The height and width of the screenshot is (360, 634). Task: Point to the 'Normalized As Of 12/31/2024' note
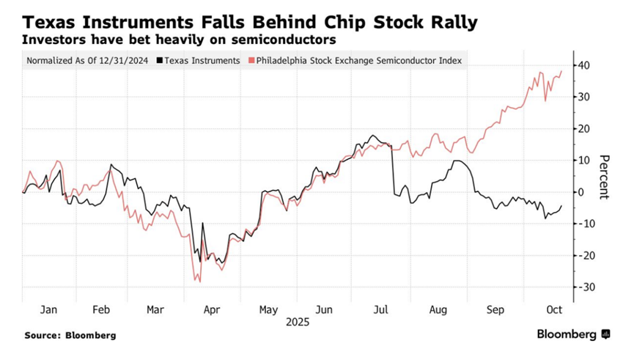click(88, 61)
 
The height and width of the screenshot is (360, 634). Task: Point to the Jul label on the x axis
click(382, 310)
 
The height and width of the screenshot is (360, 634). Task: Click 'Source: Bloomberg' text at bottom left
click(70, 335)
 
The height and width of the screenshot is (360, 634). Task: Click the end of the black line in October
click(561, 206)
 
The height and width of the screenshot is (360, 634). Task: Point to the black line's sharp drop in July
click(392, 169)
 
